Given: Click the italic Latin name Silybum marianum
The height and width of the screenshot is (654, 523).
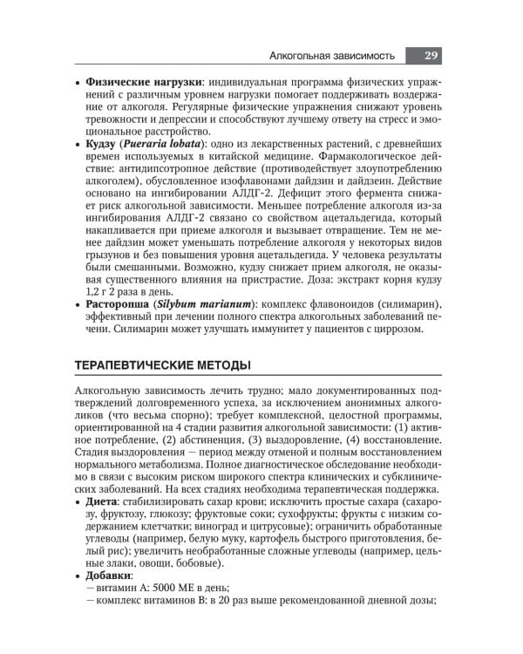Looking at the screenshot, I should pyautogui.click(x=207, y=303).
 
